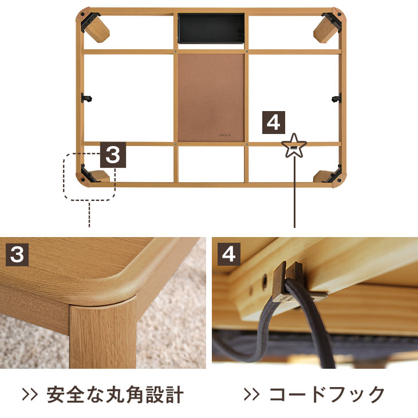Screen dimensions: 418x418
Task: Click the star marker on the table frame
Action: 294,145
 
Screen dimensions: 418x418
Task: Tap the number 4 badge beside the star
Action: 274,123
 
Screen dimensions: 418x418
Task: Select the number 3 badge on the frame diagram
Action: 113,155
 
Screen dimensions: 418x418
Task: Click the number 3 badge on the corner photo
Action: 17,254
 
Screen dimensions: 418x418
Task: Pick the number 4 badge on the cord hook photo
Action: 228,254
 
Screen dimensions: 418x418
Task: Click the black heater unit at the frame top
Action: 211,27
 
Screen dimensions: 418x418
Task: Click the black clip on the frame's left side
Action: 87,98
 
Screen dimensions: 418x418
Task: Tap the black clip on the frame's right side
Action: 336,98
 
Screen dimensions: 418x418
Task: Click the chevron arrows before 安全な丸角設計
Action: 30,395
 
